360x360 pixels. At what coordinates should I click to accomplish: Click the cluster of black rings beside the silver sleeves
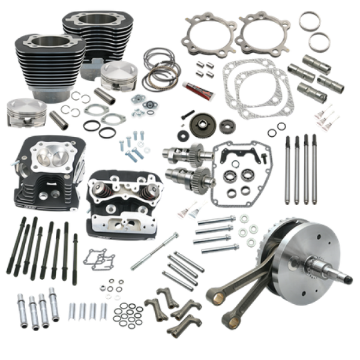click(126, 312)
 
